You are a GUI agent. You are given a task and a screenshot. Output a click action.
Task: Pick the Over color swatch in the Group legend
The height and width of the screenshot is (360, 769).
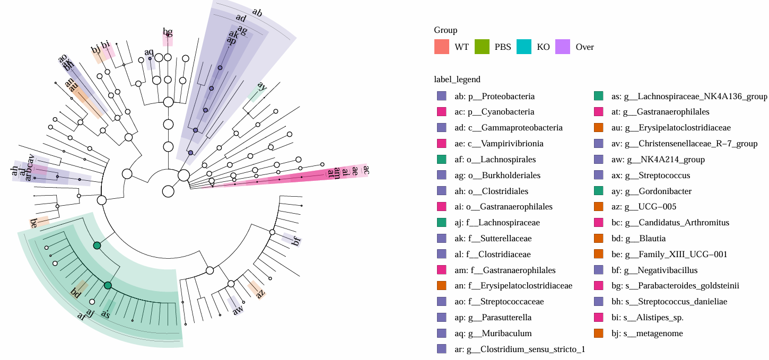click(x=562, y=47)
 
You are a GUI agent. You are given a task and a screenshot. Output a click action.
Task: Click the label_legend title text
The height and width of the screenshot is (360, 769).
click(x=457, y=80)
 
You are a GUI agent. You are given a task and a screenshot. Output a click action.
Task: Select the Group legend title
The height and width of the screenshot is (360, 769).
click(x=445, y=30)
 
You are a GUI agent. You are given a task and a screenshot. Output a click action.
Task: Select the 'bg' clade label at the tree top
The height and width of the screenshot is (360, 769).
click(x=168, y=32)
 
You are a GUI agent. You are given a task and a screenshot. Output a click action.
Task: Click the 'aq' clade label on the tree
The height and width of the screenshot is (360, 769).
click(x=149, y=52)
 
